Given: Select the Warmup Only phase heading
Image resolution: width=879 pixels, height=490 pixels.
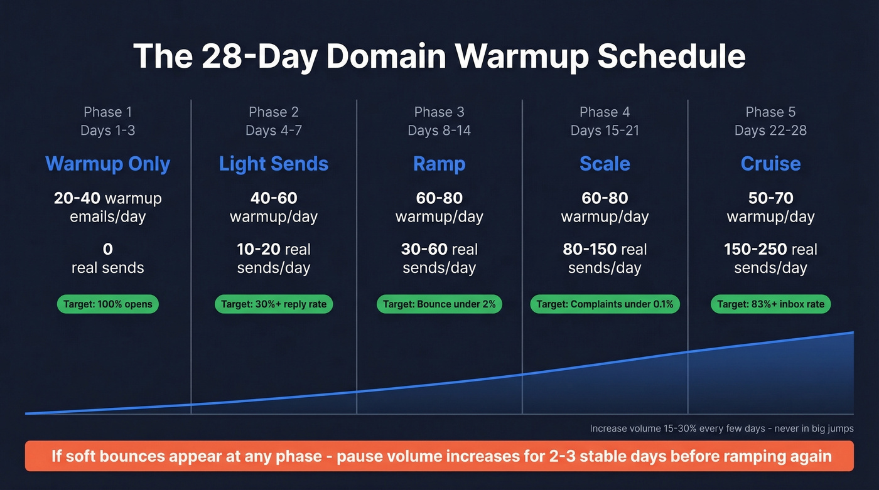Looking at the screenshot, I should pyautogui.click(x=108, y=164).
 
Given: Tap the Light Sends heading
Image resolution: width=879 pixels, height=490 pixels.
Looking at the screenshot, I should pyautogui.click(x=274, y=164).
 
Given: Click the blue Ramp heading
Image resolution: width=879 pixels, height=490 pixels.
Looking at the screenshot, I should pyautogui.click(x=439, y=164).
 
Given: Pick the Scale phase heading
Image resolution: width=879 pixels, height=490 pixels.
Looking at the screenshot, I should pyautogui.click(x=605, y=164).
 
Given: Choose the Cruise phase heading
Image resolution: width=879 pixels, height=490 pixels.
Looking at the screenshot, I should pyautogui.click(x=770, y=164).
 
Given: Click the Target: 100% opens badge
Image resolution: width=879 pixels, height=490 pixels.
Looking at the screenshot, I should pyautogui.click(x=108, y=304).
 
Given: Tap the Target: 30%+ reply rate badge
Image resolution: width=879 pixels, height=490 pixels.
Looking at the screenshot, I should pyautogui.click(x=274, y=304).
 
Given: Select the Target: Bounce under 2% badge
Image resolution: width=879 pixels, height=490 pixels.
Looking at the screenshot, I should pyautogui.click(x=439, y=304).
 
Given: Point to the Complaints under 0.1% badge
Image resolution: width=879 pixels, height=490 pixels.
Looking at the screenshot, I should pyautogui.click(x=605, y=304).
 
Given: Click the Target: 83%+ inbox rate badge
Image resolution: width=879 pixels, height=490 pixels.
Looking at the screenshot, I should pyautogui.click(x=770, y=304).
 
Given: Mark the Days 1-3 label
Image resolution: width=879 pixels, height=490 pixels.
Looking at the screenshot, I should pyautogui.click(x=108, y=130).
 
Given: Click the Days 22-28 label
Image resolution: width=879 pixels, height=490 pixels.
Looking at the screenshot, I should pyautogui.click(x=770, y=130).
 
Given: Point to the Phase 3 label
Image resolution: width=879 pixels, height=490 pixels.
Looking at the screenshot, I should pyautogui.click(x=439, y=112).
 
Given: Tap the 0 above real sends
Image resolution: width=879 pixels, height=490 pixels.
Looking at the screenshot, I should pyautogui.click(x=108, y=249).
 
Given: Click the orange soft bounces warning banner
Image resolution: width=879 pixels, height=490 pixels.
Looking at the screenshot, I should pyautogui.click(x=439, y=455).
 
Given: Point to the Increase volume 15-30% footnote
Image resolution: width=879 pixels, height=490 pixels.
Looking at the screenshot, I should pyautogui.click(x=721, y=429).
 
